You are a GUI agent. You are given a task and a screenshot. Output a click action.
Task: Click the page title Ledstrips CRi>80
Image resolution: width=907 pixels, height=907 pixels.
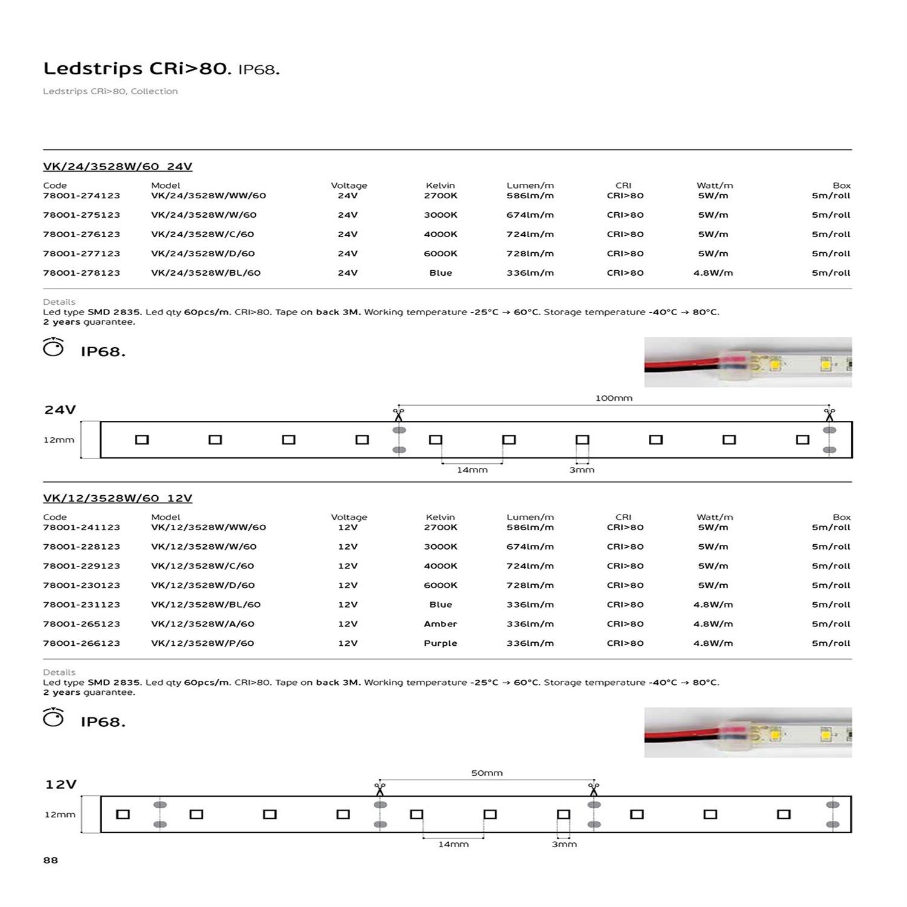click(137, 68)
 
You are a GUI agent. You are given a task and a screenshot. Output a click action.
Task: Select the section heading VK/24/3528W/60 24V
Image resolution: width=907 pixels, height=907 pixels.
click(117, 166)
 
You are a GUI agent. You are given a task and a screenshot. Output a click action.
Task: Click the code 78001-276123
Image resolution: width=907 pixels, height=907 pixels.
click(82, 234)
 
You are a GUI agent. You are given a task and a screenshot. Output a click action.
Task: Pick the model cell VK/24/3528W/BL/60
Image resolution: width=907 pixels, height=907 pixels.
click(206, 273)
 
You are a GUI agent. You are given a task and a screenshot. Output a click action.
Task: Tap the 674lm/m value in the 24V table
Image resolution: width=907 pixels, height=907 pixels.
click(530, 215)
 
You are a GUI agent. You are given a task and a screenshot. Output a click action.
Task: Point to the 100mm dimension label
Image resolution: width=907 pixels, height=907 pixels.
click(614, 398)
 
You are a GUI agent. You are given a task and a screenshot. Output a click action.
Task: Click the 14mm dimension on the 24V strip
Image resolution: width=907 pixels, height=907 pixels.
click(472, 470)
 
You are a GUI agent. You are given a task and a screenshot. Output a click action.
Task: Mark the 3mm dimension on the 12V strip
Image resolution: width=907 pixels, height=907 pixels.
click(564, 844)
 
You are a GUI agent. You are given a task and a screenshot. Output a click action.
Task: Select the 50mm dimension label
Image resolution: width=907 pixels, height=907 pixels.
click(487, 773)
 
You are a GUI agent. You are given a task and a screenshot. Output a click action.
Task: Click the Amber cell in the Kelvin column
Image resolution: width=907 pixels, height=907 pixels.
click(440, 624)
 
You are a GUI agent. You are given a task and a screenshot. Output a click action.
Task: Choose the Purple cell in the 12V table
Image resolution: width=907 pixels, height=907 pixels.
click(440, 643)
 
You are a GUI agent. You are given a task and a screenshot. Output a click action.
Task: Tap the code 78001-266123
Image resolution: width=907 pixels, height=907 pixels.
click(82, 643)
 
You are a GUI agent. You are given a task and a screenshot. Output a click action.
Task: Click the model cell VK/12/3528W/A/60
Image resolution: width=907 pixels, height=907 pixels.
click(203, 624)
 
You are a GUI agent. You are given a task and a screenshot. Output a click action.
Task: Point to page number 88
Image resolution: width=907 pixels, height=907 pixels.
click(51, 860)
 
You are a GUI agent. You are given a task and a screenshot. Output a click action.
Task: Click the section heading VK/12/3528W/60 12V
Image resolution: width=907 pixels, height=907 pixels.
click(117, 498)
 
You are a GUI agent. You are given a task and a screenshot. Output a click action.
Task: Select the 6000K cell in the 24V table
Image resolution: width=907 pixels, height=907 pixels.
click(440, 253)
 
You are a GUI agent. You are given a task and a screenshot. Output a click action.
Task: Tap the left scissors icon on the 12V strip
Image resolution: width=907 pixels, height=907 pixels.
click(380, 788)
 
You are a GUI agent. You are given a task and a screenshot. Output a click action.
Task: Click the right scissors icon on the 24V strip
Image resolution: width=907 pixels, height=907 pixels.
click(829, 414)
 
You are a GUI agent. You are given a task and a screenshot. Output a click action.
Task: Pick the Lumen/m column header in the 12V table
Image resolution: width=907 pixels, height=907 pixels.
click(530, 517)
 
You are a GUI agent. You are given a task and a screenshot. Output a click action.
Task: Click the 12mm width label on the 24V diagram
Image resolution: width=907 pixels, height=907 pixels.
click(59, 440)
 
